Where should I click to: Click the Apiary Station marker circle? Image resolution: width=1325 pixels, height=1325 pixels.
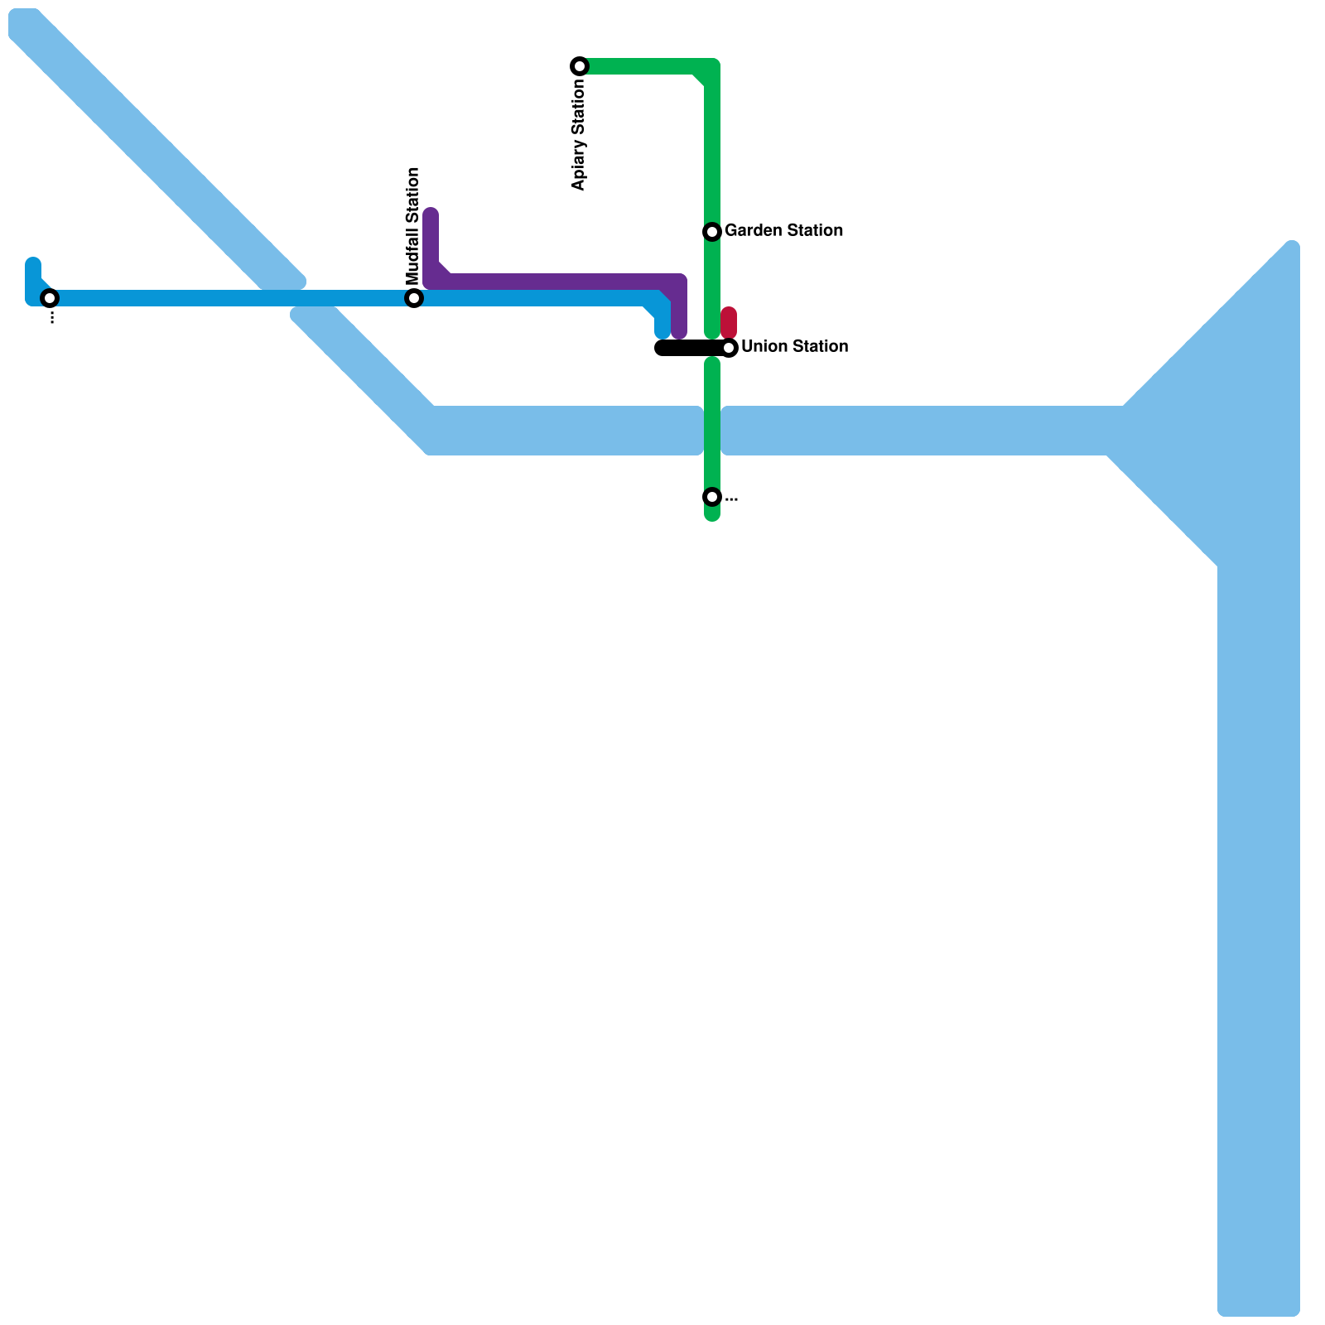pyautogui.click(x=580, y=66)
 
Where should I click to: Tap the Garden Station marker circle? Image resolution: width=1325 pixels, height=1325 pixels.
pyautogui.click(x=712, y=232)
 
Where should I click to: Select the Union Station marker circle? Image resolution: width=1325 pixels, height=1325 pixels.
pyautogui.click(x=729, y=348)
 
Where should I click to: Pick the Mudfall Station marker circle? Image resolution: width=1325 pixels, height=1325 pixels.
pyautogui.click(x=414, y=298)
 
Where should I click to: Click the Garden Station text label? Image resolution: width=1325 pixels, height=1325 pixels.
pyautogui.click(x=783, y=231)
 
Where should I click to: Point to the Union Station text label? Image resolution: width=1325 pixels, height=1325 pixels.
pyautogui.click(x=794, y=347)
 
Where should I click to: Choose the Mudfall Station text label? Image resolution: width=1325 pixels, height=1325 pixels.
pyautogui.click(x=413, y=225)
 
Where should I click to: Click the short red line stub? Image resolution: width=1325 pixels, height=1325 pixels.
pyautogui.click(x=729, y=321)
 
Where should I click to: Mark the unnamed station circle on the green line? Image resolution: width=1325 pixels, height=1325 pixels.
pyautogui.click(x=712, y=497)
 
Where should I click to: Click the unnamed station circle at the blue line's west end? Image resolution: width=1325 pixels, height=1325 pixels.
pyautogui.click(x=50, y=298)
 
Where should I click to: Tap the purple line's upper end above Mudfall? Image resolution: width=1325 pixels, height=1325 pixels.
pyautogui.click(x=431, y=215)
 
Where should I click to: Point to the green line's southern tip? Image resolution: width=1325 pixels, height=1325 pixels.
pyautogui.click(x=712, y=515)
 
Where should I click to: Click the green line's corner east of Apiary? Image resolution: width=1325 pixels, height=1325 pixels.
pyautogui.click(x=711, y=68)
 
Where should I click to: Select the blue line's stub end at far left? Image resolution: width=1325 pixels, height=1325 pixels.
pyautogui.click(x=33, y=265)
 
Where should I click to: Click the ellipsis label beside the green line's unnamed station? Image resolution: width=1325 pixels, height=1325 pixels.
pyautogui.click(x=731, y=499)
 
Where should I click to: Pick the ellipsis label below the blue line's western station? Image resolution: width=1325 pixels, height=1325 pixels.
pyautogui.click(x=51, y=318)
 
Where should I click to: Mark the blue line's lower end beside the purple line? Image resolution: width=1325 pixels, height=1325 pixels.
pyautogui.click(x=662, y=332)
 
